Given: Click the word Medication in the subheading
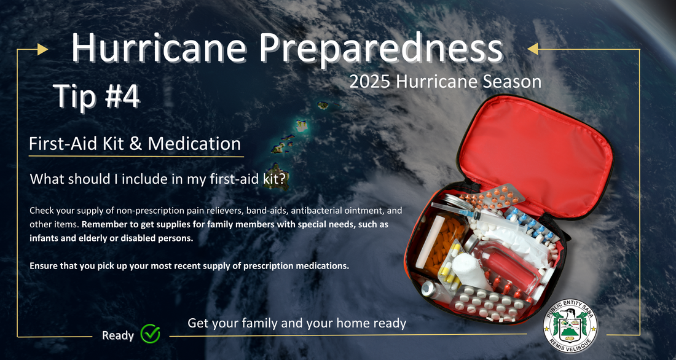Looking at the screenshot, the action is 194,144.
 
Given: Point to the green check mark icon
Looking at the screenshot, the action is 150,333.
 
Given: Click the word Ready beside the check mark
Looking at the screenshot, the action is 118,336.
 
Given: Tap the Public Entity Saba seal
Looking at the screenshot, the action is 570,326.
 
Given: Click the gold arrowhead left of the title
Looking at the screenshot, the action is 42,50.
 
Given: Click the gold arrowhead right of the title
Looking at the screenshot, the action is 533,49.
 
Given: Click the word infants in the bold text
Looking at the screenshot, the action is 43,238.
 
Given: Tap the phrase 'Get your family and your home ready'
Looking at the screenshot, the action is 297,323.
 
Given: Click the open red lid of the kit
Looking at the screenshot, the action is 535,151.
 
